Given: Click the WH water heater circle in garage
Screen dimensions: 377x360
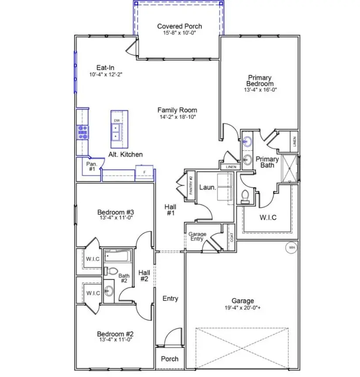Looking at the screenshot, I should coord(291,248).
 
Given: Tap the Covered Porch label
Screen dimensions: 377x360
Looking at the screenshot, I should coord(180,26).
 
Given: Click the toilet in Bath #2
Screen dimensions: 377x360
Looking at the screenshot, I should coord(112,271).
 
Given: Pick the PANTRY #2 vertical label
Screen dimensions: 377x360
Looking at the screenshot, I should coord(191,186).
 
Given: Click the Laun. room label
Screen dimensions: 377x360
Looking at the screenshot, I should coord(208,187).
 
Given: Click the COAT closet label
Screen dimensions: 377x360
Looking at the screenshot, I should coord(231,238).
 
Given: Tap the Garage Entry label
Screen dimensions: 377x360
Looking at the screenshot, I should coord(197,237).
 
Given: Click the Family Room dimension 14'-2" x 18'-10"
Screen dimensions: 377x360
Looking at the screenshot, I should coord(177,117).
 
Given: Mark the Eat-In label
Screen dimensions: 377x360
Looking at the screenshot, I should coord(105,67).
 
